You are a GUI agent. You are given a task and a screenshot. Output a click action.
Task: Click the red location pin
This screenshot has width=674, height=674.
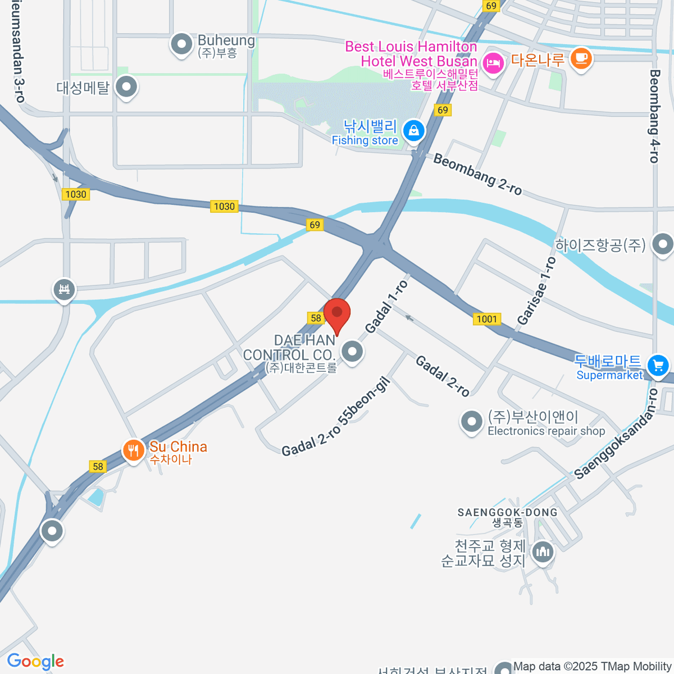(x=337, y=315)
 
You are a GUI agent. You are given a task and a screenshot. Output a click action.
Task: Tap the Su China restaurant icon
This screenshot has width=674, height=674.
(x=133, y=450)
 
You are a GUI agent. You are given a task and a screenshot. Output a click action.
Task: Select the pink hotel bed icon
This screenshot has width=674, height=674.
(x=493, y=62)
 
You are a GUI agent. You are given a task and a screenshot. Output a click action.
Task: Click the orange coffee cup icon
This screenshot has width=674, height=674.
(x=581, y=58)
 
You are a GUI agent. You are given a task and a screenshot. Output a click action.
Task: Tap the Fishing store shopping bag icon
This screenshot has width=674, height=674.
(x=414, y=131)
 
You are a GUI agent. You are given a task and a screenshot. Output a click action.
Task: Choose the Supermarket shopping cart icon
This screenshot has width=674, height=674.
(x=658, y=365)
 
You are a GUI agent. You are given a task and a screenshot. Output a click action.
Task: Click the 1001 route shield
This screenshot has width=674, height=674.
(x=486, y=319)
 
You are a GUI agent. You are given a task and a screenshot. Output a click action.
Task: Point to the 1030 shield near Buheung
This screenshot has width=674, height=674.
(x=224, y=206)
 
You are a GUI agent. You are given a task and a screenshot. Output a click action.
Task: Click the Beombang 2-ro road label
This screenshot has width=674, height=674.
(x=477, y=174)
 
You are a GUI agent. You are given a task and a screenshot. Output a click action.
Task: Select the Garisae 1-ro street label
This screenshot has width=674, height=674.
(x=536, y=291)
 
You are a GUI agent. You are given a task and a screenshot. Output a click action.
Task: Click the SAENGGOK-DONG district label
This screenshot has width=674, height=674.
(x=507, y=512)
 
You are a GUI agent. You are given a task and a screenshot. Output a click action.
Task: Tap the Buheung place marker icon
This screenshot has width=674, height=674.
(x=181, y=44)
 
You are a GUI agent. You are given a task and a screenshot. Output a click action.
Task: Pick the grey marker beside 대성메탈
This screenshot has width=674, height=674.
(x=126, y=86)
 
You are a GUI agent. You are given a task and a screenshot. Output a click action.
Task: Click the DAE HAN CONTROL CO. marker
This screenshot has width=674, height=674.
(x=352, y=352)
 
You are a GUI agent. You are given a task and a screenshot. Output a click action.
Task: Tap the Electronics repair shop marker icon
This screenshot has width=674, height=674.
(x=471, y=421)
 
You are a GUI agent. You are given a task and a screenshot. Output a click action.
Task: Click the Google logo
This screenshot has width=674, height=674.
(x=35, y=662)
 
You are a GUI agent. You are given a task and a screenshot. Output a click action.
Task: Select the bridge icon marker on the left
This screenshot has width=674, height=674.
(x=64, y=290)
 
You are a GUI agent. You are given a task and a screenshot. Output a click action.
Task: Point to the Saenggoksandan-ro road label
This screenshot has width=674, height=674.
(x=614, y=435)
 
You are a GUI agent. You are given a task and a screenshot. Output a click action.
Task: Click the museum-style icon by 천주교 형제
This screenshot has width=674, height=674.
(x=543, y=552)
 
